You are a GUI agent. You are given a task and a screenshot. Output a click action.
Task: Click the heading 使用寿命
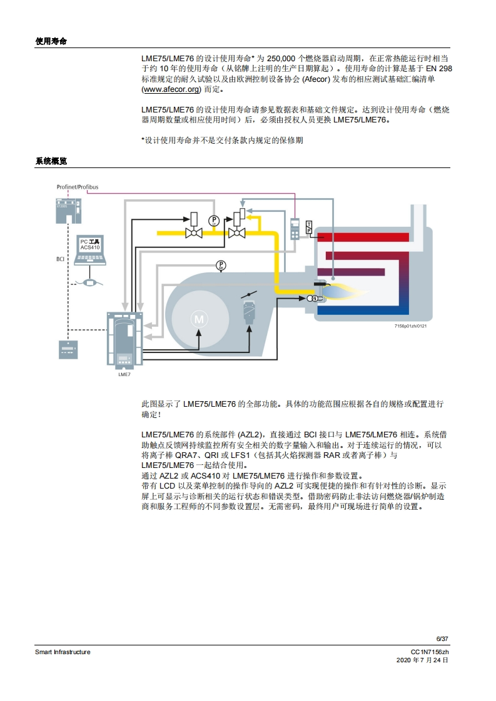(x=51, y=41)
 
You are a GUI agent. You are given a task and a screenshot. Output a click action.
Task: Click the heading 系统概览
(x=51, y=161)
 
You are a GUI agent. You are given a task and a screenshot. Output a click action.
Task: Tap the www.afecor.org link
(x=167, y=89)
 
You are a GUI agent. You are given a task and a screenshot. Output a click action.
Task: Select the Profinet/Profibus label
(x=77, y=187)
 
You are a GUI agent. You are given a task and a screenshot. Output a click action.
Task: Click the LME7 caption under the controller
(x=124, y=374)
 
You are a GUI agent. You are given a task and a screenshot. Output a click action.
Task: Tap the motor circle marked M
(x=200, y=319)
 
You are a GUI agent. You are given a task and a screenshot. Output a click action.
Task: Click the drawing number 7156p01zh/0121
(x=410, y=326)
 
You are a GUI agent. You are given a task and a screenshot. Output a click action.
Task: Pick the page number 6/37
(x=442, y=639)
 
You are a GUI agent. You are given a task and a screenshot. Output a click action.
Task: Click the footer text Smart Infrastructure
(x=63, y=652)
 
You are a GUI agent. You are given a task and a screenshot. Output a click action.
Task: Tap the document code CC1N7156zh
(x=430, y=652)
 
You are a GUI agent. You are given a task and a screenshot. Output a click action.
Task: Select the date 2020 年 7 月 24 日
(x=423, y=660)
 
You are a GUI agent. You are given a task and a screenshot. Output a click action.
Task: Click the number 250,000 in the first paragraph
(x=285, y=57)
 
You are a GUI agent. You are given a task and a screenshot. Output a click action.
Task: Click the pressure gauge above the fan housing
(x=220, y=266)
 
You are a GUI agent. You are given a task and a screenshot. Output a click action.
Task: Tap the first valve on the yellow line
(x=193, y=233)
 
